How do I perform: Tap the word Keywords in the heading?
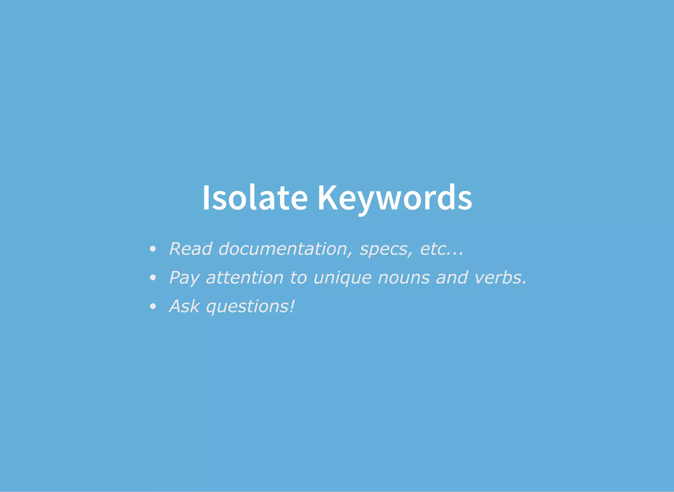395,198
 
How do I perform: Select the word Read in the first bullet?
191,249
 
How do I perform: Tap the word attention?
245,278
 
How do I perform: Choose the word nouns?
404,278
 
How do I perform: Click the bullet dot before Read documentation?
152,249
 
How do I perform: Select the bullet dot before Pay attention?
152,278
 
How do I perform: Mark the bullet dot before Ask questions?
152,307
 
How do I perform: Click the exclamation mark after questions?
292,306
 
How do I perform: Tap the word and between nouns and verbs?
452,277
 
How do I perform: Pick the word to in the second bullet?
298,278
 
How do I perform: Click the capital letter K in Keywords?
327,198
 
